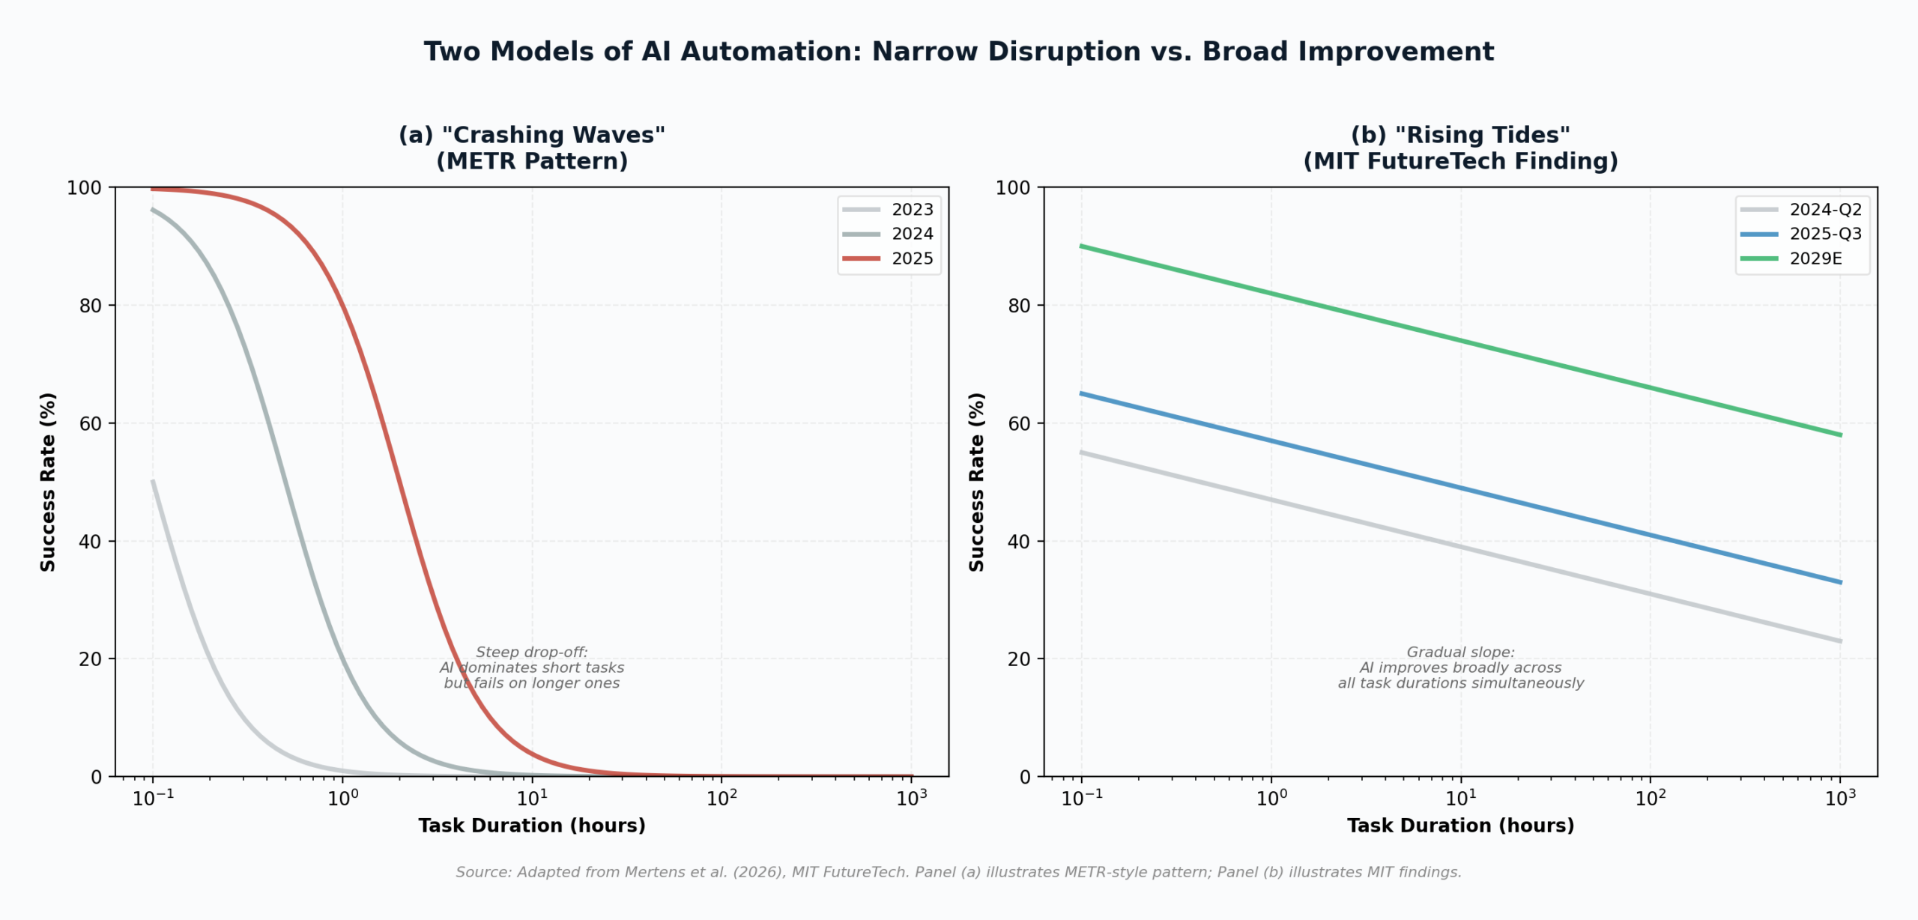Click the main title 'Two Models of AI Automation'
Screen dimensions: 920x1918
tap(958, 52)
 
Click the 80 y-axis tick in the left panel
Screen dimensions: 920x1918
tap(91, 306)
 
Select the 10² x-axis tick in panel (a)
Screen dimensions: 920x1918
tap(721, 799)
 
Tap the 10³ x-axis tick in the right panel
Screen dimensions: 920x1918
tap(1840, 799)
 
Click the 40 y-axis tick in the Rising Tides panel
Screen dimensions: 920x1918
tap(1019, 542)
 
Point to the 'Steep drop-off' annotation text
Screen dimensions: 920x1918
tap(532, 668)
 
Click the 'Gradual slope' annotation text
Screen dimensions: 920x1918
tap(1460, 668)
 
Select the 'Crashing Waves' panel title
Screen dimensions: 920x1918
tap(532, 148)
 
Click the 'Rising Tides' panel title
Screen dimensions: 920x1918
tap(1460, 148)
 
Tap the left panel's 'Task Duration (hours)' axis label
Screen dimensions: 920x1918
tap(532, 826)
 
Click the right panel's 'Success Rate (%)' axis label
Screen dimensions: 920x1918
tap(976, 482)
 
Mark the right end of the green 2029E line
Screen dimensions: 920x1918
tap(1839, 435)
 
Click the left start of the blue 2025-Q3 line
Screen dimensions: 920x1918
tap(1082, 393)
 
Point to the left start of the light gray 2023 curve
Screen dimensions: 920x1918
tap(153, 482)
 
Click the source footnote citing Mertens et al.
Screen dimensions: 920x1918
tap(958, 872)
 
